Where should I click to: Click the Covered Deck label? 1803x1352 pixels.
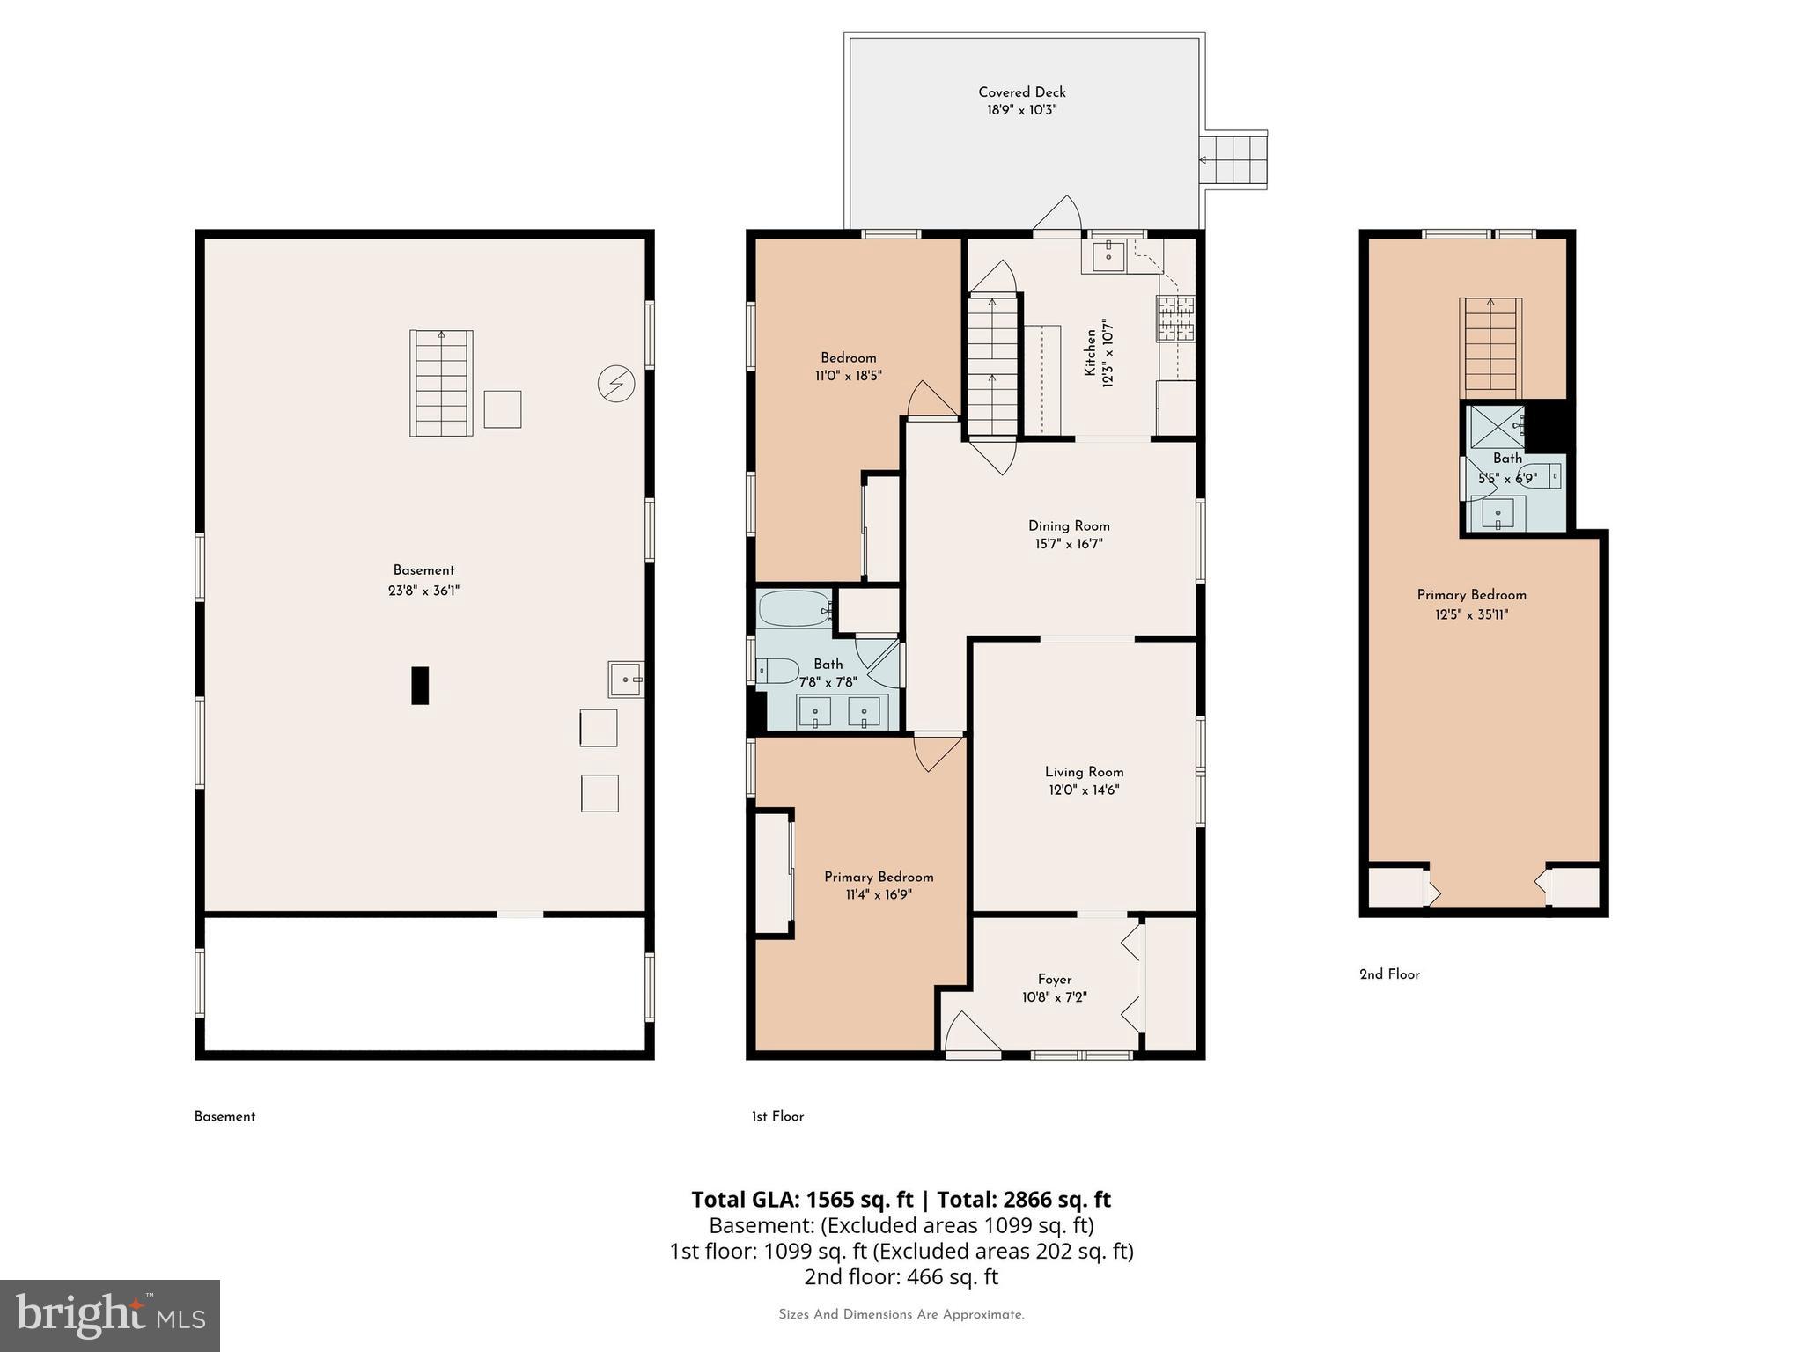1021,92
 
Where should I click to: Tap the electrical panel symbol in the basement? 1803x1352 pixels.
616,384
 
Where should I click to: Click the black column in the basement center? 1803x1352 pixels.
420,686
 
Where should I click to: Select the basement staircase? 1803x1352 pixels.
441,384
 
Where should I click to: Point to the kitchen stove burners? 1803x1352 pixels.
1176,319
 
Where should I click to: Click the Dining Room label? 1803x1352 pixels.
1069,525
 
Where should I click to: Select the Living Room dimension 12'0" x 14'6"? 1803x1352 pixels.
1084,790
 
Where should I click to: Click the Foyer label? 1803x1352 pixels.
1055,979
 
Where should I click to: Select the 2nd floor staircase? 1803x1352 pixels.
1490,348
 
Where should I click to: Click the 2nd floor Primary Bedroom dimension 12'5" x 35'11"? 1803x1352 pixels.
1471,615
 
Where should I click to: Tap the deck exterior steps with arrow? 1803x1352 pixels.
1235,159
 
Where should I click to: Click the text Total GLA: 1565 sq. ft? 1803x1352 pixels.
802,1200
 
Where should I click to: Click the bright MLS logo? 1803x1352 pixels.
109,1315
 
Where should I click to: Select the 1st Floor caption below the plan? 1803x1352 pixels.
777,1116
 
